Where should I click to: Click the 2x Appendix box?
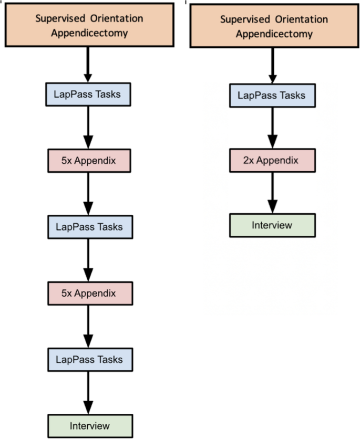[272, 160]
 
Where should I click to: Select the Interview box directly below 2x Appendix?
[272, 225]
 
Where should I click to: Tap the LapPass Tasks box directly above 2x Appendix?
[272, 95]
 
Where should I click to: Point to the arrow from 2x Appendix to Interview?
[272, 193]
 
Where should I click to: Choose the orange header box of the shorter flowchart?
[274, 26]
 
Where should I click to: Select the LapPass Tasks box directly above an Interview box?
[88, 360]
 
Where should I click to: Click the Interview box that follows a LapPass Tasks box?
[88, 425]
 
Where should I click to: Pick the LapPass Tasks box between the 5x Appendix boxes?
[88, 227]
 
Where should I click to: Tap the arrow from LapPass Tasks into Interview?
[88, 393]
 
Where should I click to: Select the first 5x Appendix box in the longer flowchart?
[88, 161]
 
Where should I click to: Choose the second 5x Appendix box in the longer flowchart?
[88, 293]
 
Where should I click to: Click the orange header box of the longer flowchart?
[89, 25]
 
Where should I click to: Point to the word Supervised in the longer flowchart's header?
[56, 18]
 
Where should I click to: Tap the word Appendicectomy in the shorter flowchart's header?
[274, 35]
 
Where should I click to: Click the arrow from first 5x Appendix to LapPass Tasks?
[88, 194]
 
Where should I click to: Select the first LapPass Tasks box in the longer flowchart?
[88, 95]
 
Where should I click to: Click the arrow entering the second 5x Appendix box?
[88, 260]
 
